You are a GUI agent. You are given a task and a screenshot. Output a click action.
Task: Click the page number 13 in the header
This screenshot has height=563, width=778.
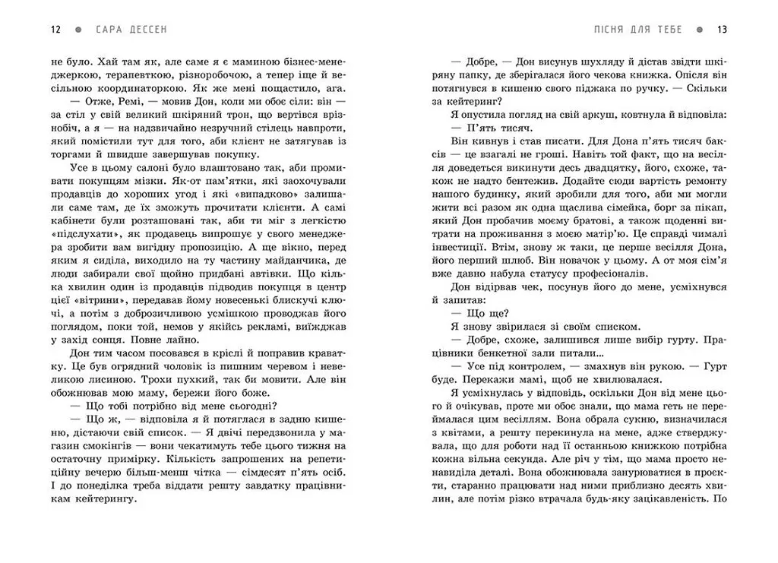point(722,30)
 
